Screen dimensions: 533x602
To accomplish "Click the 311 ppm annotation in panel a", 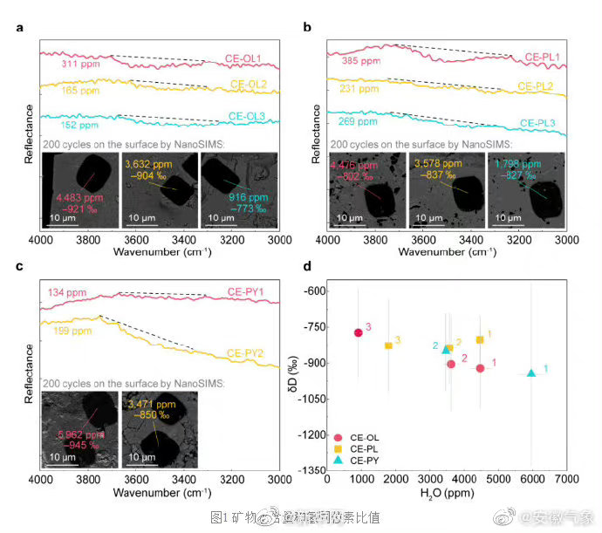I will click(80, 64).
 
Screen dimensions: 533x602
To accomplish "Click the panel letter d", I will click(307, 266).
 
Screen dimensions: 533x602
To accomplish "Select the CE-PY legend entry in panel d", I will click(366, 459).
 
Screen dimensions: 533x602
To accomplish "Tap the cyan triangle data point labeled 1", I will click(531, 373).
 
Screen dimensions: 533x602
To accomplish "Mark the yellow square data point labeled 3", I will click(388, 345).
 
